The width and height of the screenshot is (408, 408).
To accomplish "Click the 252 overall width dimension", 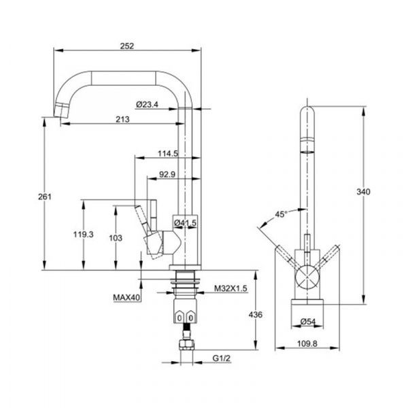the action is point(127,46).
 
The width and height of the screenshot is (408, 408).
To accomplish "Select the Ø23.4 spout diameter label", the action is point(147,105).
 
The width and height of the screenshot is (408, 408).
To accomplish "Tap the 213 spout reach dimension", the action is point(122,119).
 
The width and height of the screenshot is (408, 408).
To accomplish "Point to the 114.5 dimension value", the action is point(168,154).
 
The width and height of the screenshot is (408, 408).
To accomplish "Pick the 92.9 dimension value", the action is point(167,174).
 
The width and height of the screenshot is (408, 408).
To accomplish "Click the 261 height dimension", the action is point(45,197).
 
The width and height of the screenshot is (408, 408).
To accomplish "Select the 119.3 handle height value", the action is point(83,235).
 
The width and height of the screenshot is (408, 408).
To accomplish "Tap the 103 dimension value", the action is point(116,238).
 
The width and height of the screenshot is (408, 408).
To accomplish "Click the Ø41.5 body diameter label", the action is point(186,222).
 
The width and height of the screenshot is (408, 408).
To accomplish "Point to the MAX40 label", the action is point(126,297).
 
